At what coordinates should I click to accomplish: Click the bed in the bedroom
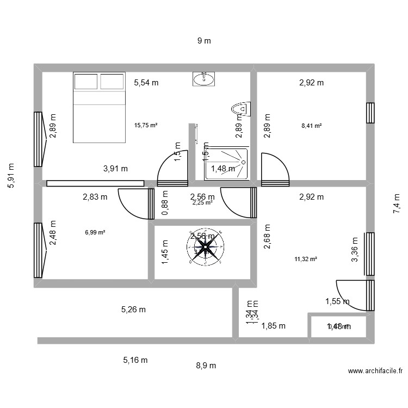[99, 107]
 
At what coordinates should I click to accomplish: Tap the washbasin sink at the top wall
[203, 79]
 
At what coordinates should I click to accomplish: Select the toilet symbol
[239, 109]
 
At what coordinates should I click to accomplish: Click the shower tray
[227, 163]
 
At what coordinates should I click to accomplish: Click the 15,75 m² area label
[145, 125]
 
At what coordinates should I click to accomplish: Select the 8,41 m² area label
[311, 125]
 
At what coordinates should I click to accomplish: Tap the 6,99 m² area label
[95, 232]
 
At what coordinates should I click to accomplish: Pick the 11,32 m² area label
[305, 259]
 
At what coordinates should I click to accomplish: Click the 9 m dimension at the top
[203, 41]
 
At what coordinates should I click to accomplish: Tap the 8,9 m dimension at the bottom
[206, 366]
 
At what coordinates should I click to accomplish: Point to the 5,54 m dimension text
[146, 83]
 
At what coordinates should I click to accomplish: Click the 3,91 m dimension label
[115, 169]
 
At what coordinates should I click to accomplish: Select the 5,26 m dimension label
[133, 310]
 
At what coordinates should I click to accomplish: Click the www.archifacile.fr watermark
[375, 371]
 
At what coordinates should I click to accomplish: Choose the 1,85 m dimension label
[273, 326]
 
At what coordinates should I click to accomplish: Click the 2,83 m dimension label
[95, 197]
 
